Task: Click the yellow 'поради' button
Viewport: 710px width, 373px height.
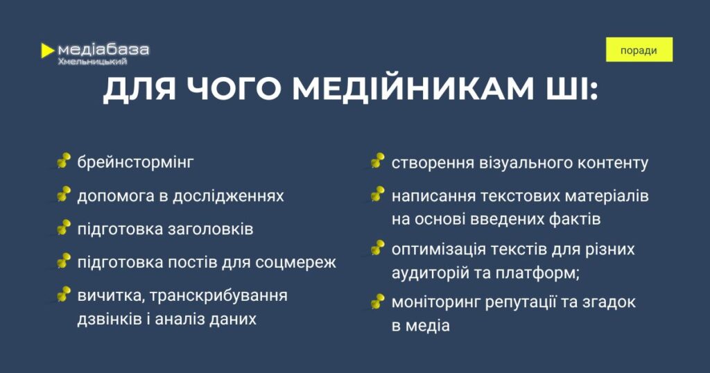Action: (639, 50)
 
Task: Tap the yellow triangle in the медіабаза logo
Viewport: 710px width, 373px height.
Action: (46, 51)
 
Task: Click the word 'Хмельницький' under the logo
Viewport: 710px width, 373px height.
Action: (92, 62)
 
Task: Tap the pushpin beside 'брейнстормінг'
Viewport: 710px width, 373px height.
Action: (64, 160)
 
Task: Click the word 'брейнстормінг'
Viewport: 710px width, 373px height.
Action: (135, 162)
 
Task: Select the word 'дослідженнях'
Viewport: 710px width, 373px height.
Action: (228, 196)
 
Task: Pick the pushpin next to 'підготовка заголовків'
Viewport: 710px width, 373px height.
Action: (64, 227)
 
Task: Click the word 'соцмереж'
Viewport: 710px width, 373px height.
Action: (295, 263)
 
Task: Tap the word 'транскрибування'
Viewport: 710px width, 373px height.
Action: (218, 295)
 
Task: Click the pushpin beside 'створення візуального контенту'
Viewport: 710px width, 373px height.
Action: (378, 161)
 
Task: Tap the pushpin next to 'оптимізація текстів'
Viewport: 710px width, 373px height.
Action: (378, 248)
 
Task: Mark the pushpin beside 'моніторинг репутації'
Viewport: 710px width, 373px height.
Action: (378, 301)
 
